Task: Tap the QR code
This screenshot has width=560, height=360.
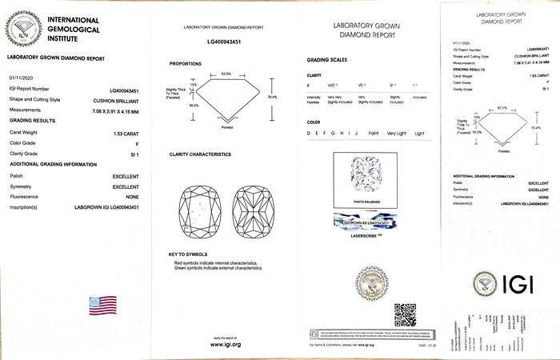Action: click(406, 314)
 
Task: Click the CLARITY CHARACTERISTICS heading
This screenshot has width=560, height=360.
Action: click(200, 154)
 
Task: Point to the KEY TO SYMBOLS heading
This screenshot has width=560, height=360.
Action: click(189, 254)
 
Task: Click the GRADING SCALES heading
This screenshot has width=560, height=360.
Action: click(327, 61)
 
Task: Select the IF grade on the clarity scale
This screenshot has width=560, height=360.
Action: click(309, 85)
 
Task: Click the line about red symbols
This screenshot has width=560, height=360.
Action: click(216, 262)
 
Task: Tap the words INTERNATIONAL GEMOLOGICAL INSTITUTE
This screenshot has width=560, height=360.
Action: click(74, 28)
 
